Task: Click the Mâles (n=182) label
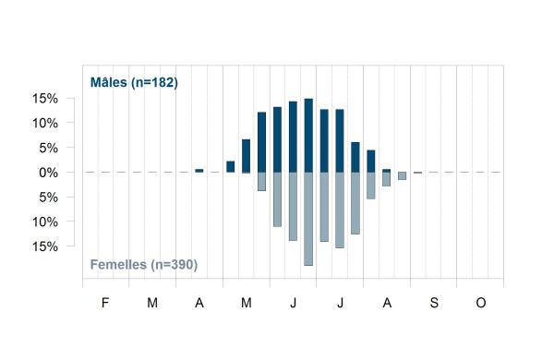point(134,82)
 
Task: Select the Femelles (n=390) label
point(144,265)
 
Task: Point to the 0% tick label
point(48,173)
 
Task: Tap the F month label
point(105,303)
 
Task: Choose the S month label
point(434,303)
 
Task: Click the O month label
point(481,303)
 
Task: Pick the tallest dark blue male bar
point(308,136)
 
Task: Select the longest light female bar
point(308,219)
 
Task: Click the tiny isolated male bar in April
point(199,171)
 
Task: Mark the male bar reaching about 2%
point(230,167)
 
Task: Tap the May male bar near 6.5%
point(246,156)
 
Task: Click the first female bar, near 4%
point(261,182)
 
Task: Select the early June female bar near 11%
point(277,199)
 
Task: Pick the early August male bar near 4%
point(371,162)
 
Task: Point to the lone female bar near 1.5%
point(402,176)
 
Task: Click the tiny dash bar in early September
point(417,173)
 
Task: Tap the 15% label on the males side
point(45,99)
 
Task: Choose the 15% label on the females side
point(45,246)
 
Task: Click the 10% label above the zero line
point(45,124)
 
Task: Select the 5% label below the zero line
point(48,198)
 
